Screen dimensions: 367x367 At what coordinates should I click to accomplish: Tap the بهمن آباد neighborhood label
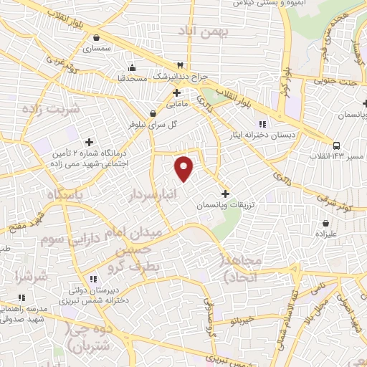204,31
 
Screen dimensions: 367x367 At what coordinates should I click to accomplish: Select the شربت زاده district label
29,110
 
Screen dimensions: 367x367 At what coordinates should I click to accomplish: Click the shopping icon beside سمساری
96,37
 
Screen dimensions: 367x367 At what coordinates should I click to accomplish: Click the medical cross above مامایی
176,93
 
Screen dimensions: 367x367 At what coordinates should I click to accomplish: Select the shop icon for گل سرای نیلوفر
152,113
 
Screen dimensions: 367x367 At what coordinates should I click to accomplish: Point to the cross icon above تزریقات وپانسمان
226,194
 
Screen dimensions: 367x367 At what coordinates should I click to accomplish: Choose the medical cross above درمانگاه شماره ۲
90,142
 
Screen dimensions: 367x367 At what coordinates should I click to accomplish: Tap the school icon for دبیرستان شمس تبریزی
92,279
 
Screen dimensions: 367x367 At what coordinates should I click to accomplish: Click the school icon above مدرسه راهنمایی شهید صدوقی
22,297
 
